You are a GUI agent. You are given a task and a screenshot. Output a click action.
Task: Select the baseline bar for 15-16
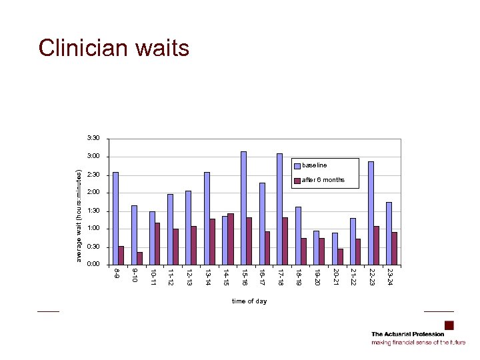pyautogui.click(x=243, y=207)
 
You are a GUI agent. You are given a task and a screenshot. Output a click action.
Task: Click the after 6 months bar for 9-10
pyautogui.click(x=139, y=258)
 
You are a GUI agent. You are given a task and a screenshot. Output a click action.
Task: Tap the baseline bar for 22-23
pyautogui.click(x=371, y=213)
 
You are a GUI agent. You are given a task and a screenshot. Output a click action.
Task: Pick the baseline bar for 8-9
pyautogui.click(x=115, y=218)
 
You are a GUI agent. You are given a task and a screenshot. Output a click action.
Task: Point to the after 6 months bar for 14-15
pyautogui.click(x=231, y=239)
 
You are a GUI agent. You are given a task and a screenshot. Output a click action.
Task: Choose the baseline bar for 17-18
pyautogui.click(x=279, y=209)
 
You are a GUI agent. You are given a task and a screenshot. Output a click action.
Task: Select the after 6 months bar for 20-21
pyautogui.click(x=340, y=257)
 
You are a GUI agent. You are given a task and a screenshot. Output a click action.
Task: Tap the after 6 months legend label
pyautogui.click(x=323, y=180)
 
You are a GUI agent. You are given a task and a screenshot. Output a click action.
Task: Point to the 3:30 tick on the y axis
pyautogui.click(x=93, y=138)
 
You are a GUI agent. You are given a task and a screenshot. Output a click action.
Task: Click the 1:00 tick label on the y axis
pyautogui.click(x=93, y=229)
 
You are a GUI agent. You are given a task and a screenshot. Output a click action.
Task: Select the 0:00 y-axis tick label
pyautogui.click(x=93, y=265)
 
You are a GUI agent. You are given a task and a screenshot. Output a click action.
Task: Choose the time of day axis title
pyautogui.click(x=249, y=301)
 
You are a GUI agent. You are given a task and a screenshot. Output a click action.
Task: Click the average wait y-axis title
pyautogui.click(x=79, y=215)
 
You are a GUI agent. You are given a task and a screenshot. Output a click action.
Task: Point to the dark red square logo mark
pyautogui.click(x=449, y=325)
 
